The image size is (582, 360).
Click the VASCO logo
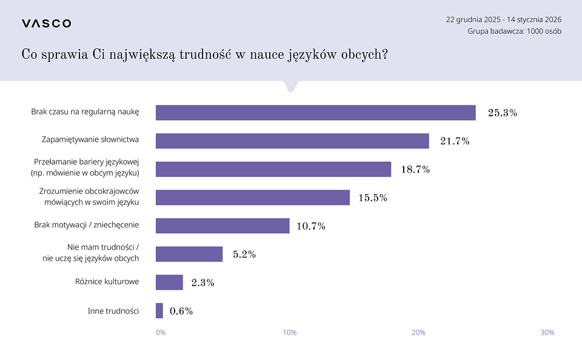pyautogui.click(x=46, y=24)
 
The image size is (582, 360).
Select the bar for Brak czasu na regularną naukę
pyautogui.click(x=315, y=113)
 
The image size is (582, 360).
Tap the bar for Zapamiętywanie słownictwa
pyautogui.click(x=292, y=141)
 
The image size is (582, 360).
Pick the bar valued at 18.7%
pyautogui.click(x=273, y=169)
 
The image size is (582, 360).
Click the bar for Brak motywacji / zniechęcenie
pyautogui.click(x=222, y=225)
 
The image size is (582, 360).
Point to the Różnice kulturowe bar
pyautogui.click(x=169, y=282)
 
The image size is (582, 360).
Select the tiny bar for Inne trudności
pyautogui.click(x=159, y=311)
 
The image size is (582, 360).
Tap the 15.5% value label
pyautogui.click(x=372, y=198)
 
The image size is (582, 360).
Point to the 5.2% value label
pyautogui.click(x=244, y=255)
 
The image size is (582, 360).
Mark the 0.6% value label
pyautogui.click(x=181, y=312)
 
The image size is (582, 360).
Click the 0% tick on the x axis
pyautogui.click(x=161, y=333)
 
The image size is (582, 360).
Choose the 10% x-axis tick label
pyautogui.click(x=290, y=333)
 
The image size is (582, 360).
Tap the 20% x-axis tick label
pyautogui.click(x=418, y=333)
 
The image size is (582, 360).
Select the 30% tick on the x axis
pyautogui.click(x=547, y=333)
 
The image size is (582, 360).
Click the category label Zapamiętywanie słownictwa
pyautogui.click(x=90, y=139)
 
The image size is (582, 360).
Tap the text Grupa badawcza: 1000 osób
pyautogui.click(x=514, y=32)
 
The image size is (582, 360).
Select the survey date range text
pyautogui.click(x=504, y=19)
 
